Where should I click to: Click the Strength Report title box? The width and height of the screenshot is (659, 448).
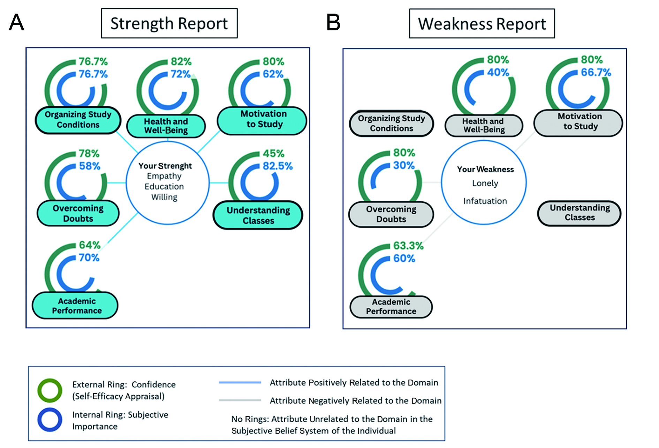[x=169, y=23]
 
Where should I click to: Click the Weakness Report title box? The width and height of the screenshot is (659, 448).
[x=482, y=24]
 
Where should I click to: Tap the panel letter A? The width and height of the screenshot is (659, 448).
[x=16, y=23]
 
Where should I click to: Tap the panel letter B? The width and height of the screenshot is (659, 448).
[x=333, y=23]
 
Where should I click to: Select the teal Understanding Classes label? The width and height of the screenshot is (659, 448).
[x=258, y=215]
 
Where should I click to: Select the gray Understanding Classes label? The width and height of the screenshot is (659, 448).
[x=580, y=213]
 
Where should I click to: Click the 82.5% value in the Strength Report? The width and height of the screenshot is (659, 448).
[x=278, y=166]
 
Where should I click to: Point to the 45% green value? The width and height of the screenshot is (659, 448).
[x=273, y=154]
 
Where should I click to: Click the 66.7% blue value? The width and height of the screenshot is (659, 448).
[x=596, y=73]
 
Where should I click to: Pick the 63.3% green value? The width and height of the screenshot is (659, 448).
[x=408, y=246]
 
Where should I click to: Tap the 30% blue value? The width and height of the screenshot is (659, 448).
[x=404, y=165]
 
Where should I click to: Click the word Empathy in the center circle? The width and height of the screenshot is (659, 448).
[x=164, y=176]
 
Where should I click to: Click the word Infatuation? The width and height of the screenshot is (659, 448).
[x=485, y=201]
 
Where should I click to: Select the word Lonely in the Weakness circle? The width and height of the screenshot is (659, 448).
[x=485, y=183]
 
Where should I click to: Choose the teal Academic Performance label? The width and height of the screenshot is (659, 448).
[x=76, y=306]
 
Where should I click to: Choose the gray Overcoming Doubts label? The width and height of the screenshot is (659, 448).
[x=391, y=214]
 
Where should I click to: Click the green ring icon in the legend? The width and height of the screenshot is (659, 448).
[x=50, y=390]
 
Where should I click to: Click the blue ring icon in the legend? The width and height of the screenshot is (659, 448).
[x=50, y=420]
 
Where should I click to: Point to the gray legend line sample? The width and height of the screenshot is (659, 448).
[x=240, y=400]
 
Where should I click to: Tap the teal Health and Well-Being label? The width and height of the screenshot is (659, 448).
[x=166, y=126]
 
